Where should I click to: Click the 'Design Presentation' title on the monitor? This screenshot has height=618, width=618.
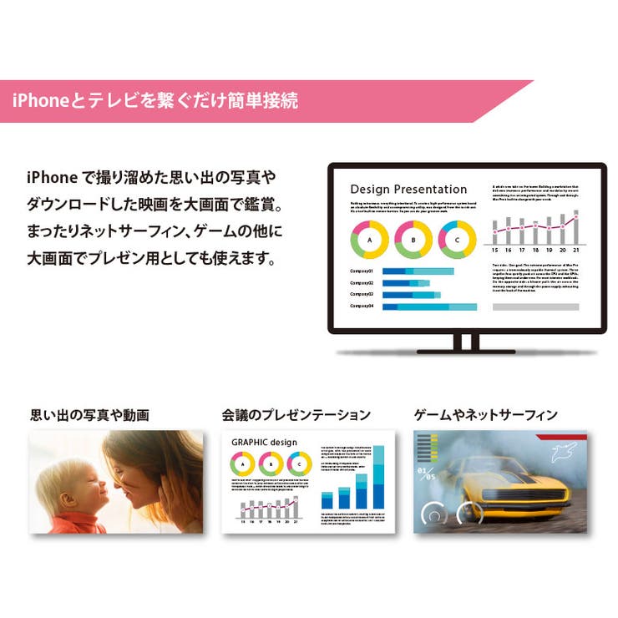(408, 189)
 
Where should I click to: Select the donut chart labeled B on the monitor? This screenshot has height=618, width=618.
(413, 241)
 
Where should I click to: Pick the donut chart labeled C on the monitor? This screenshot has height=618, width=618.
(456, 241)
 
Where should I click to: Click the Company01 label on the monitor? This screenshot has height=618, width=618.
(362, 271)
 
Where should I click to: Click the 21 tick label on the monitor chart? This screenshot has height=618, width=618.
(575, 251)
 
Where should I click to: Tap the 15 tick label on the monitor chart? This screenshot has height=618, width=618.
(495, 251)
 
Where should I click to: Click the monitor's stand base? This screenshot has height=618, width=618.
(465, 350)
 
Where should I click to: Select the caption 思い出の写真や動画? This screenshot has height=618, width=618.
(90, 414)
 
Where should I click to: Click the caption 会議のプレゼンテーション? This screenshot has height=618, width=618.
(296, 414)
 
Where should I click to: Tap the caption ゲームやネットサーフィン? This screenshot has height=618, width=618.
(486, 414)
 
